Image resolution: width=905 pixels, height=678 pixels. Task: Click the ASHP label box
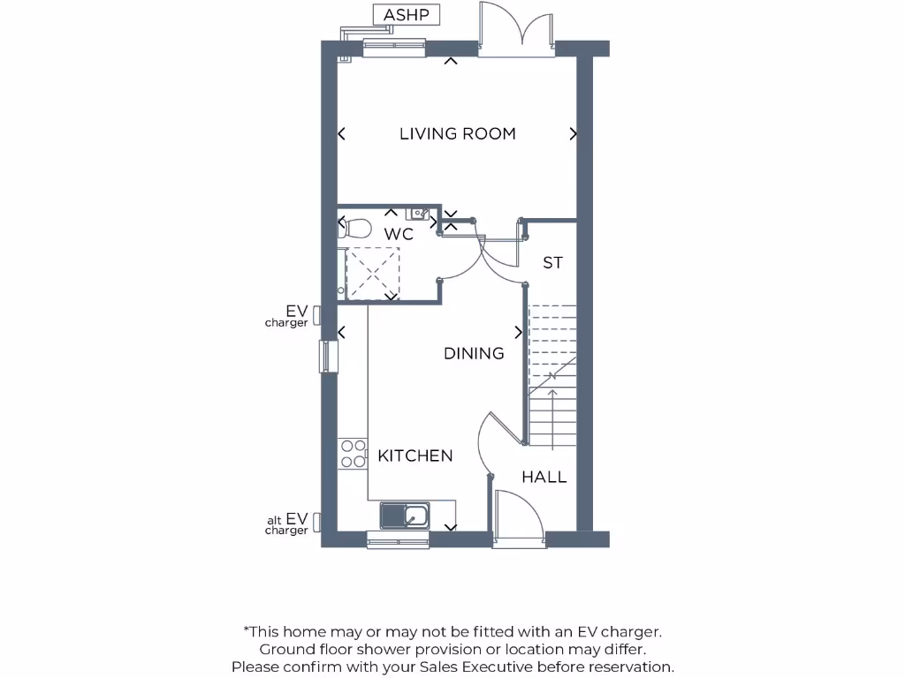[x=406, y=15]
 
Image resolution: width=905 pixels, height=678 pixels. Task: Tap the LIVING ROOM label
[x=457, y=134]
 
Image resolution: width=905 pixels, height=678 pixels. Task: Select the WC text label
[x=399, y=235]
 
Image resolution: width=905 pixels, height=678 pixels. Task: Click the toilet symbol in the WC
[x=355, y=228]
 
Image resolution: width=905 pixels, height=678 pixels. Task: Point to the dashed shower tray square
[x=372, y=273]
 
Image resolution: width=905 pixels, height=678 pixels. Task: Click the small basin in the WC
[x=418, y=214]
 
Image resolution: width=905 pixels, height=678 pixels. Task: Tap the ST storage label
[x=553, y=263]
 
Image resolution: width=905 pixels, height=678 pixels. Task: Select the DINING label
[x=474, y=353]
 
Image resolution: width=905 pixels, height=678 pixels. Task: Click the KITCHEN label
[x=414, y=456]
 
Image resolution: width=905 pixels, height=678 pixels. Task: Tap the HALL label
[x=544, y=478]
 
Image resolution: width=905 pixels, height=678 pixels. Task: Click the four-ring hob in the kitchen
[x=354, y=453]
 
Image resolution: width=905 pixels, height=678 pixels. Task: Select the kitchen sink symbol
[x=405, y=515]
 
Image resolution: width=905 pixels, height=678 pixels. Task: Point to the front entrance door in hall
[x=518, y=516]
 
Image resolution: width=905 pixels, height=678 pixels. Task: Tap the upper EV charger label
[x=288, y=316]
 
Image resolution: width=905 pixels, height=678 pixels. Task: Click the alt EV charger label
[x=288, y=524]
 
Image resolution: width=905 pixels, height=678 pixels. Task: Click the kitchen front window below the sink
[x=398, y=539]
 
